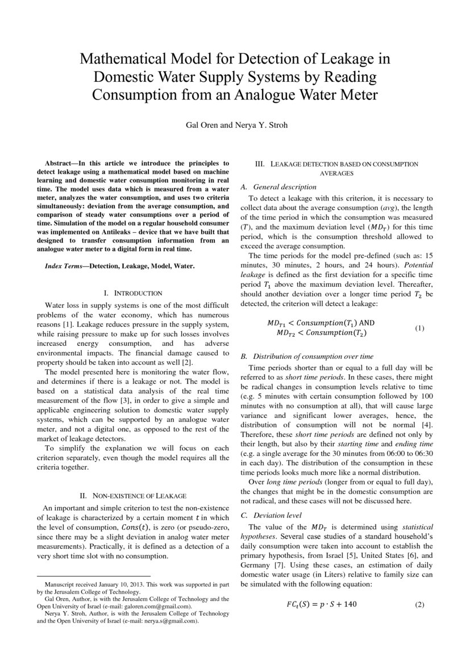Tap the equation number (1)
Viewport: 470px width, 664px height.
tap(419, 328)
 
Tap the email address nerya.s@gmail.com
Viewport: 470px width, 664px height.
tap(174, 621)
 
